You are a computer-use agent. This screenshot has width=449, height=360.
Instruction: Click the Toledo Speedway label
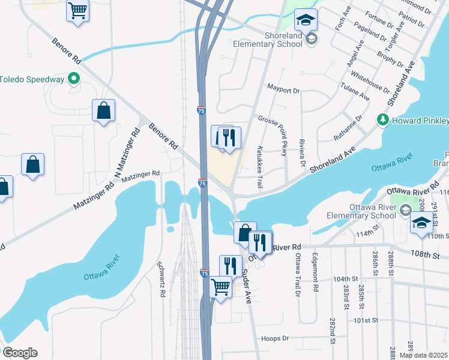pyautogui.click(x=32, y=79)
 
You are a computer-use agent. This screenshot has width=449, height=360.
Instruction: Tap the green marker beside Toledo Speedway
pyautogui.click(x=74, y=79)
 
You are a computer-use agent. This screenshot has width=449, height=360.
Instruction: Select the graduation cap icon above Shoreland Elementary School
pyautogui.click(x=306, y=21)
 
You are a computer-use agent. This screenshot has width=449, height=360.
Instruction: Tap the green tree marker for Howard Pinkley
pyautogui.click(x=382, y=120)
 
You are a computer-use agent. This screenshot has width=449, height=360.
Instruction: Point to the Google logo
pyautogui.click(x=20, y=353)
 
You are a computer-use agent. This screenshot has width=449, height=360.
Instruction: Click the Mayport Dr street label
pyautogui.click(x=283, y=91)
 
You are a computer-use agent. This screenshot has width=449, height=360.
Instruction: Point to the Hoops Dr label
pyautogui.click(x=276, y=338)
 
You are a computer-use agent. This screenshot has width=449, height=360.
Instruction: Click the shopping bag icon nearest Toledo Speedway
pyautogui.click(x=103, y=110)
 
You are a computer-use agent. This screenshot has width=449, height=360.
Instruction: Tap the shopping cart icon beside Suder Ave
pyautogui.click(x=221, y=287)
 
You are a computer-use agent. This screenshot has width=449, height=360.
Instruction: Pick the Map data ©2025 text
pyautogui.click(x=423, y=355)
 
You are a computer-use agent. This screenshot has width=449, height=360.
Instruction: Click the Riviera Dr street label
pyautogui.click(x=303, y=155)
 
